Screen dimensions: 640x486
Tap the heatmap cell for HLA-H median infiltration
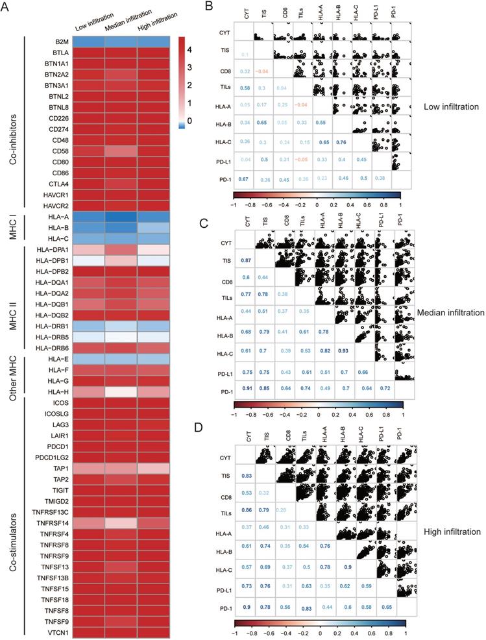(121, 392)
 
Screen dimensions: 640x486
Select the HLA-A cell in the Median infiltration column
(121, 223)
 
